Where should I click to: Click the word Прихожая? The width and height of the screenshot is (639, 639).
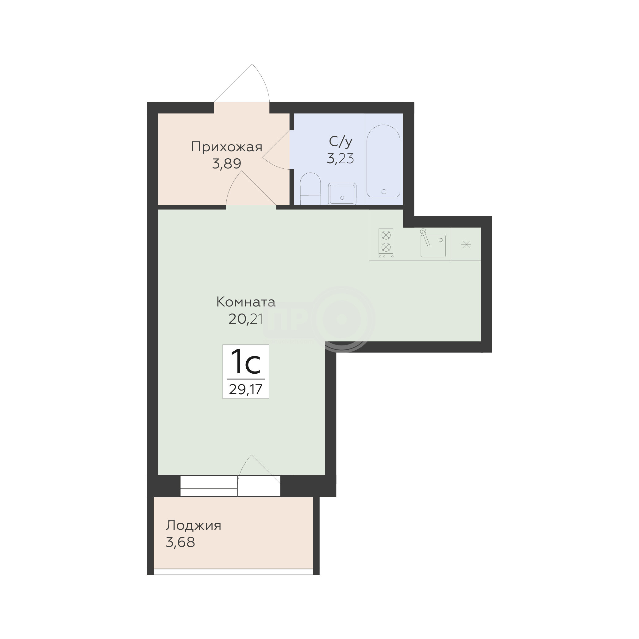227,147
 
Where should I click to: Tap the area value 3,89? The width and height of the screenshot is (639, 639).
227,164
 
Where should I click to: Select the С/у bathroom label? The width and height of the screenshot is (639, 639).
341,141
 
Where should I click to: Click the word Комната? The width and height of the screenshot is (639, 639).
246,302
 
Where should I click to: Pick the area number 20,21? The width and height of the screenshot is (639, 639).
246,319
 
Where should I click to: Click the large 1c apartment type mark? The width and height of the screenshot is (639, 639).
246,362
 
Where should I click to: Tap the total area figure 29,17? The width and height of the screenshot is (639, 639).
246,390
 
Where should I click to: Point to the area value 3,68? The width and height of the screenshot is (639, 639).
180,542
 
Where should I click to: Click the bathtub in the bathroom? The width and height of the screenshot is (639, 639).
383,161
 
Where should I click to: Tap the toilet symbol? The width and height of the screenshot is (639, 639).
310,189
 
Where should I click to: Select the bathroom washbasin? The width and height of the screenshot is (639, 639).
342,194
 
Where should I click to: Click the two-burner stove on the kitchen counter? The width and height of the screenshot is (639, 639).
386,243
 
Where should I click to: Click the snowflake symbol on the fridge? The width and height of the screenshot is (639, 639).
466,245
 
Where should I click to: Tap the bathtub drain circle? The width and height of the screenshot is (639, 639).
384,191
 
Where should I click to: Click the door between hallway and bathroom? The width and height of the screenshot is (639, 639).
276,151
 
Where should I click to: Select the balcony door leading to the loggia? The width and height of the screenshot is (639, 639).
259,476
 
